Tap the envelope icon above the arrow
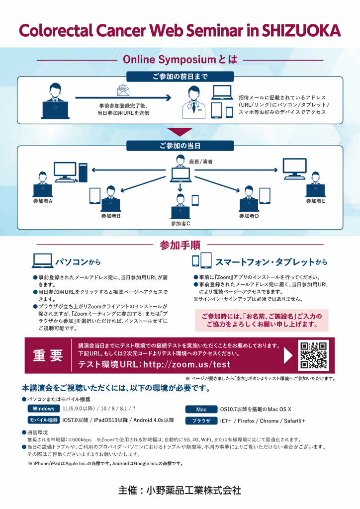pyautogui.click(x=122, y=90)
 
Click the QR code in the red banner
pyautogui.click(x=314, y=355)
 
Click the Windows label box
pyautogui.click(x=44, y=409)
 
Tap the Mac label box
pyautogui.click(x=201, y=410)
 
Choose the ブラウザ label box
pyautogui.click(x=201, y=421)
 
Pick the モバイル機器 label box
pyautogui.click(x=44, y=420)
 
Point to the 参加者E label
pyautogui.click(x=315, y=201)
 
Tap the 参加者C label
pyautogui.click(x=180, y=224)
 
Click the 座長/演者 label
pyautogui.click(x=201, y=162)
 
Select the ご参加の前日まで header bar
pyautogui.click(x=180, y=77)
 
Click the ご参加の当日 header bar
pyautogui.click(x=180, y=146)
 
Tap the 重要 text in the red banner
pyautogui.click(x=48, y=356)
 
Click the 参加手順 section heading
pyautogui.click(x=180, y=245)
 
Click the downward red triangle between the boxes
pyautogui.click(x=180, y=132)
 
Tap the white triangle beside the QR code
pyautogui.click(x=288, y=355)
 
